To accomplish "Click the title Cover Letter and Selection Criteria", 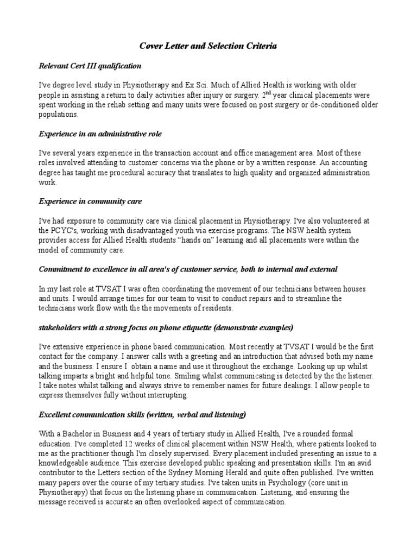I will (x=208, y=47).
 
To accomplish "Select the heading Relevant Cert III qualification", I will (x=90, y=66).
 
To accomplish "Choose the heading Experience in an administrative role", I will (x=100, y=134).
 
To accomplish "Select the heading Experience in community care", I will (x=90, y=201).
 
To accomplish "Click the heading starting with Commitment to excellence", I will (x=188, y=269).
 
